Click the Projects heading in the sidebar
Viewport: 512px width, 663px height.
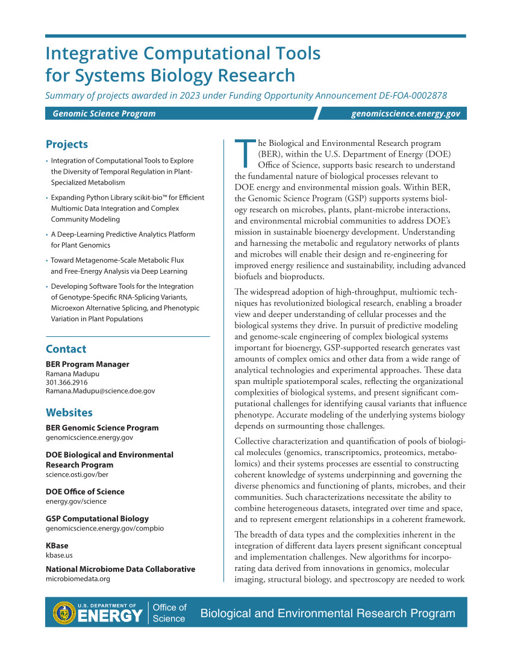point(67,144)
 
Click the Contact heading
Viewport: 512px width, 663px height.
point(66,349)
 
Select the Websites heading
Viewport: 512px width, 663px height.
point(69,413)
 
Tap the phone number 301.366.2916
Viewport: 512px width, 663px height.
point(67,382)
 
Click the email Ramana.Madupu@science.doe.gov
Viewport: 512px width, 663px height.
point(101,391)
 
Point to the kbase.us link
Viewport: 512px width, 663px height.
point(59,555)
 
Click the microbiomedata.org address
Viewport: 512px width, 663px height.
point(78,579)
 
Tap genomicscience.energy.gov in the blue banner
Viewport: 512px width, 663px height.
point(405,113)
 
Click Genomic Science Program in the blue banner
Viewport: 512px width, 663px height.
point(104,113)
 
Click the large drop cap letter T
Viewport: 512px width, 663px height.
point(245,153)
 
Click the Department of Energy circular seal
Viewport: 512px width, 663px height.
point(64,612)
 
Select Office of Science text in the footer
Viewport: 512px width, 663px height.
point(169,612)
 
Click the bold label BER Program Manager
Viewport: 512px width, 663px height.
point(87,364)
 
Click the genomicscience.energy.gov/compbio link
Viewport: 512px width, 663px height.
point(105,528)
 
